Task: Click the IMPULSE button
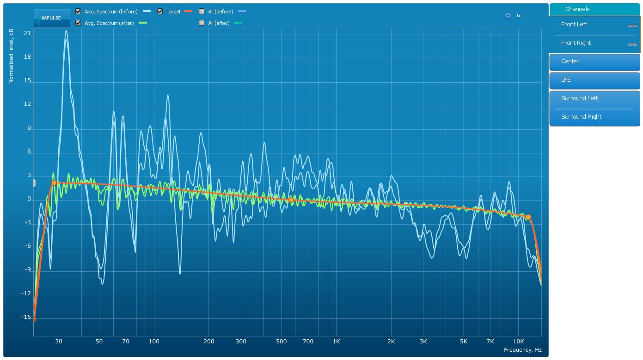[52, 18]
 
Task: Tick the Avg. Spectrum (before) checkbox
[78, 12]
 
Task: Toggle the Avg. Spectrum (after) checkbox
[78, 23]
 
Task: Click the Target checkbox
[160, 12]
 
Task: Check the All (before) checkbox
[202, 12]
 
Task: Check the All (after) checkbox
[202, 23]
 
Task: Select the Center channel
[594, 61]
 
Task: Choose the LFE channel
[594, 80]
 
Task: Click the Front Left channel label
[574, 24]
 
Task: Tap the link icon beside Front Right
[632, 44]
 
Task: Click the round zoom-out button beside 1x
[508, 16]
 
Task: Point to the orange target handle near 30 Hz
[54, 183]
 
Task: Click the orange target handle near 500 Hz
[291, 200]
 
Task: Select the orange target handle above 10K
[528, 217]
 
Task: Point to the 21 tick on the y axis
[27, 34]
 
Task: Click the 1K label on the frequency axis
[336, 342]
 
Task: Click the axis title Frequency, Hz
[522, 350]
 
